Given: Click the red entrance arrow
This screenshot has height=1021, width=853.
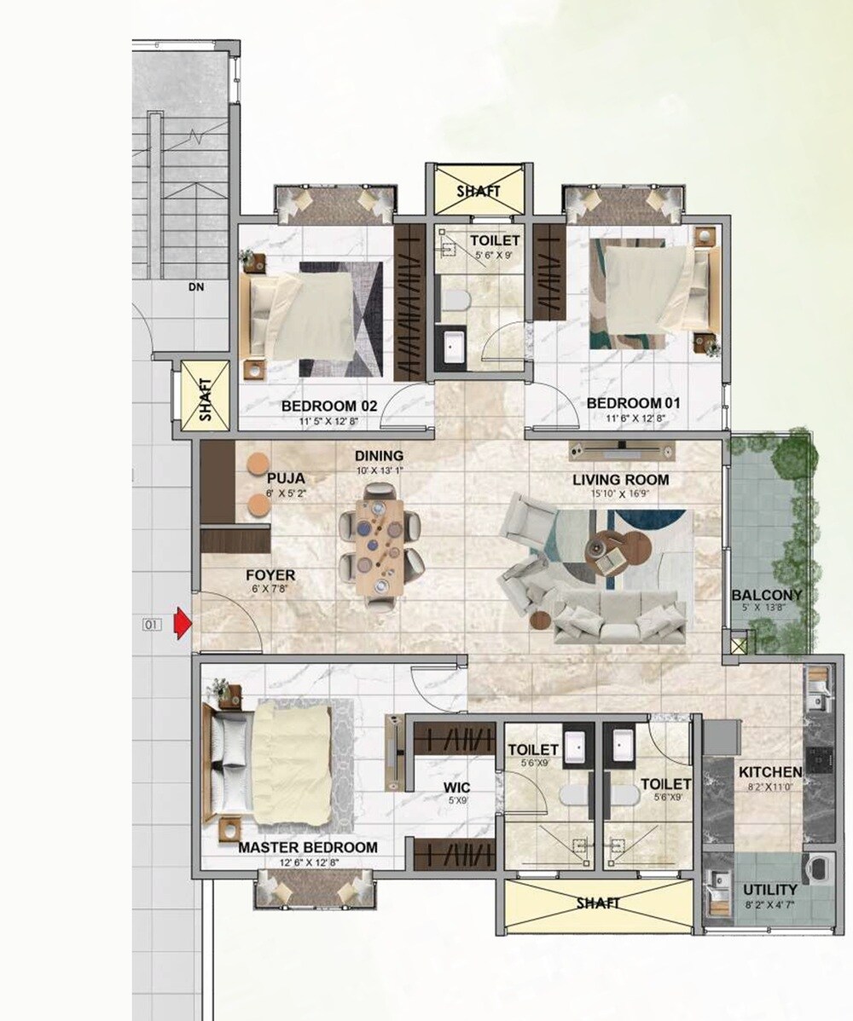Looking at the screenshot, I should (x=181, y=624).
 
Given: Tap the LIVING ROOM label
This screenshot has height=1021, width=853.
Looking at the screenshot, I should (x=620, y=480).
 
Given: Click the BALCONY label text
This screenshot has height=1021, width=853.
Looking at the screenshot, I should (x=767, y=595).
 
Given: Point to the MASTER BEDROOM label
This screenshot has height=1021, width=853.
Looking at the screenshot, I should (x=307, y=847).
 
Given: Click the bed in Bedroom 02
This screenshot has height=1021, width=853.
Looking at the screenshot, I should (x=316, y=318).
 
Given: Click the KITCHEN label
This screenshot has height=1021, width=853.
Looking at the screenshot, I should (x=770, y=771).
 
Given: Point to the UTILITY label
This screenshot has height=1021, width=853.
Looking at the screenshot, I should (x=769, y=890).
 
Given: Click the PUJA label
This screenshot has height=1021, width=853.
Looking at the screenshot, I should (x=285, y=478).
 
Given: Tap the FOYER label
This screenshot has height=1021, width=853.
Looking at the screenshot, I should (x=270, y=575).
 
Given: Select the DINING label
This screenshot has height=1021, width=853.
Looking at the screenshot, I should (x=380, y=456).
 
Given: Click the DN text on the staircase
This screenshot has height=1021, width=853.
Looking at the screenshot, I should (x=196, y=288).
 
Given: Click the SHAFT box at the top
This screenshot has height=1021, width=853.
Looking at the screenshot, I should (x=478, y=192).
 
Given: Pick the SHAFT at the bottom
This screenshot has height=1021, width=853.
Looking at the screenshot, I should (x=597, y=903).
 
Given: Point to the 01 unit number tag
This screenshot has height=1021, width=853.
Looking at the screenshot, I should (x=152, y=625).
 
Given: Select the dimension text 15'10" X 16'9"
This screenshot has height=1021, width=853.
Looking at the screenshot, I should (x=620, y=493).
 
